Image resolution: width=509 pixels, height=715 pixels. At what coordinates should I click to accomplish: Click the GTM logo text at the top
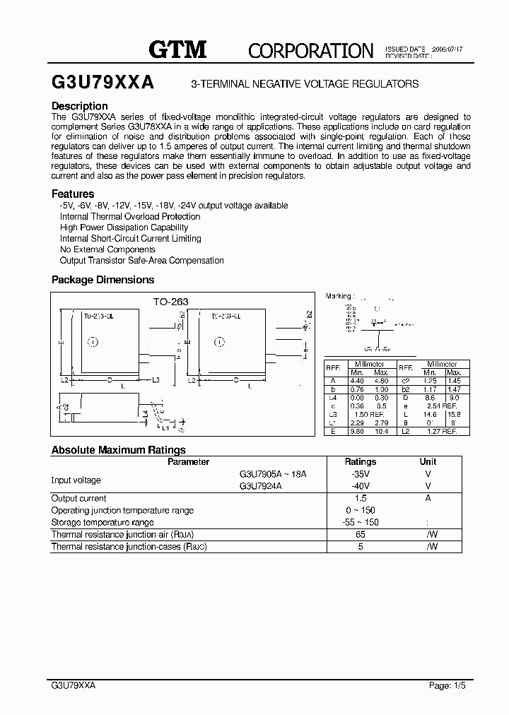177,49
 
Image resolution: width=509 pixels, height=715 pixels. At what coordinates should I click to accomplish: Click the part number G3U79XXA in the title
103,83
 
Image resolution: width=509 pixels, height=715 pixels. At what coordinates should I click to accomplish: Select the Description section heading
79,106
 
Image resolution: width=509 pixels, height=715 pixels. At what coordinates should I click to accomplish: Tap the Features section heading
73,194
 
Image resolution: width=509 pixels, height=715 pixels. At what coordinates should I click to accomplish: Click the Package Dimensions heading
103,280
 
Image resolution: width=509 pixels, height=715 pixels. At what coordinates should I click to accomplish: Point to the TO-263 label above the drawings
171,301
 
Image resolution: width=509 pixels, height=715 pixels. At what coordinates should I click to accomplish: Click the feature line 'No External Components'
107,249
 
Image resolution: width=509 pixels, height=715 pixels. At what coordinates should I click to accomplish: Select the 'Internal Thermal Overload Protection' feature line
130,216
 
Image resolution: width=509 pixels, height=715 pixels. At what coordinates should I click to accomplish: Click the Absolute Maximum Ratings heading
119,449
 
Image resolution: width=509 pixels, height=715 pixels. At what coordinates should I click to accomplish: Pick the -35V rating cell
360,474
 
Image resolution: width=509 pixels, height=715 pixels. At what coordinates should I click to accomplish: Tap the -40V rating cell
360,486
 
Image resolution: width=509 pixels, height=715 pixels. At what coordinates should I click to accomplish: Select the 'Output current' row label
78,498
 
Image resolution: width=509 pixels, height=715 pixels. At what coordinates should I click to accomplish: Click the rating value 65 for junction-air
360,535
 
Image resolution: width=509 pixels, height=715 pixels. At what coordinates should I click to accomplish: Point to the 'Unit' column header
428,461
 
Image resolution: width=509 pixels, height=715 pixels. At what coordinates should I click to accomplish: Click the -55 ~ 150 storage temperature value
360,522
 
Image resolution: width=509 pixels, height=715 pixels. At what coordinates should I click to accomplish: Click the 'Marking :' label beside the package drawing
338,296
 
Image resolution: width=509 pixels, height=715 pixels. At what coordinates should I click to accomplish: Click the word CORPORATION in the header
310,50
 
